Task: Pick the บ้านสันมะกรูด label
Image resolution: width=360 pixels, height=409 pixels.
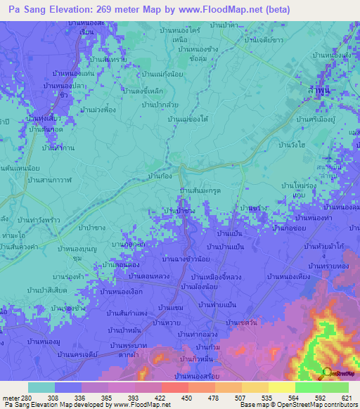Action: [202, 191]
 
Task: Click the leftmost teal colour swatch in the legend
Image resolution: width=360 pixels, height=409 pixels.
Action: [41, 387]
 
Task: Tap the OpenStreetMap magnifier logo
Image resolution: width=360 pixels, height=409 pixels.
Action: [326, 373]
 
